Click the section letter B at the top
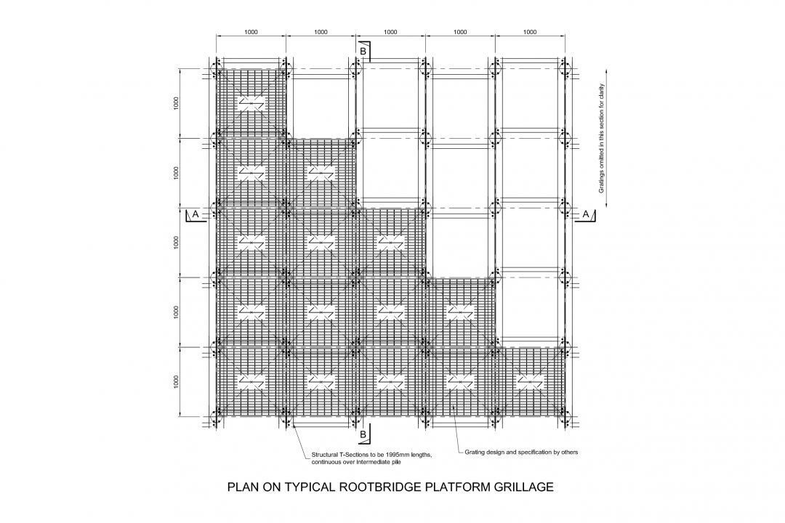[363, 51]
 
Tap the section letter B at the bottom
[363, 434]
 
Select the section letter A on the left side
[195, 214]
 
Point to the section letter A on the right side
[586, 214]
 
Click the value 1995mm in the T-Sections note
[396, 455]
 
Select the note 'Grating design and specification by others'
[520, 452]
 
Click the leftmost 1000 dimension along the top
[251, 32]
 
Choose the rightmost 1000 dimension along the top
[530, 32]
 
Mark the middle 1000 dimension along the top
[390, 32]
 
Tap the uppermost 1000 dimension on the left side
[176, 103]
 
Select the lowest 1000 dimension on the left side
[176, 382]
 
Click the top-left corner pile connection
[216, 68]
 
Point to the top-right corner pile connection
[565, 68]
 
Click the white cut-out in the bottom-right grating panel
[530, 381]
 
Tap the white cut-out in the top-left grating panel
[251, 103]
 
